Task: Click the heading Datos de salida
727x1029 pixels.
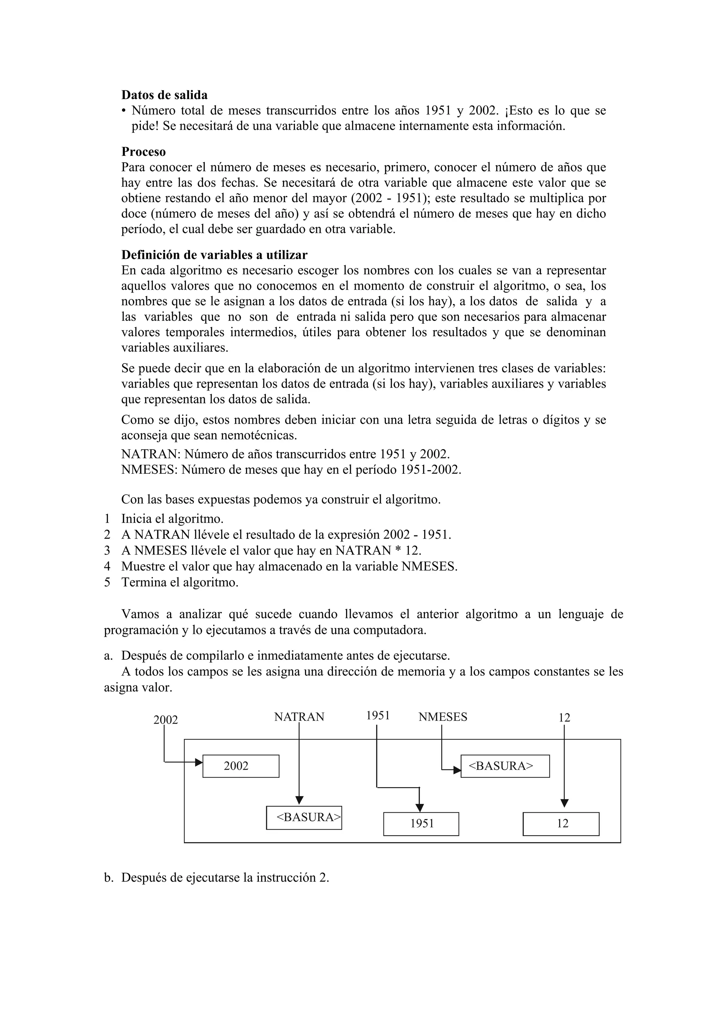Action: click(164, 95)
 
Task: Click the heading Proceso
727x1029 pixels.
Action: click(143, 152)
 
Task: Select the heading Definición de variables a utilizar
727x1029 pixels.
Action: click(214, 255)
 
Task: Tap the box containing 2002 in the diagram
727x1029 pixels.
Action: click(241, 766)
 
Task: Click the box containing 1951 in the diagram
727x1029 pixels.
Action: click(421, 824)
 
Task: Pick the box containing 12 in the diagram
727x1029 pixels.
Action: click(561, 824)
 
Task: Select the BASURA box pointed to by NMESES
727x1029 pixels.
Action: click(505, 766)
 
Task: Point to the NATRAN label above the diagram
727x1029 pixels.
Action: click(299, 717)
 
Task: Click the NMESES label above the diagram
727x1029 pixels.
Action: click(443, 717)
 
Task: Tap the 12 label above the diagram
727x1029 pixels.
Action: click(564, 718)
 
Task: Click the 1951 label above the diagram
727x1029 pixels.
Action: click(378, 716)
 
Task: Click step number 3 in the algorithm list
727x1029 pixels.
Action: click(107, 550)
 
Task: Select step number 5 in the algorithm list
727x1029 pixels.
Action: click(107, 583)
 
